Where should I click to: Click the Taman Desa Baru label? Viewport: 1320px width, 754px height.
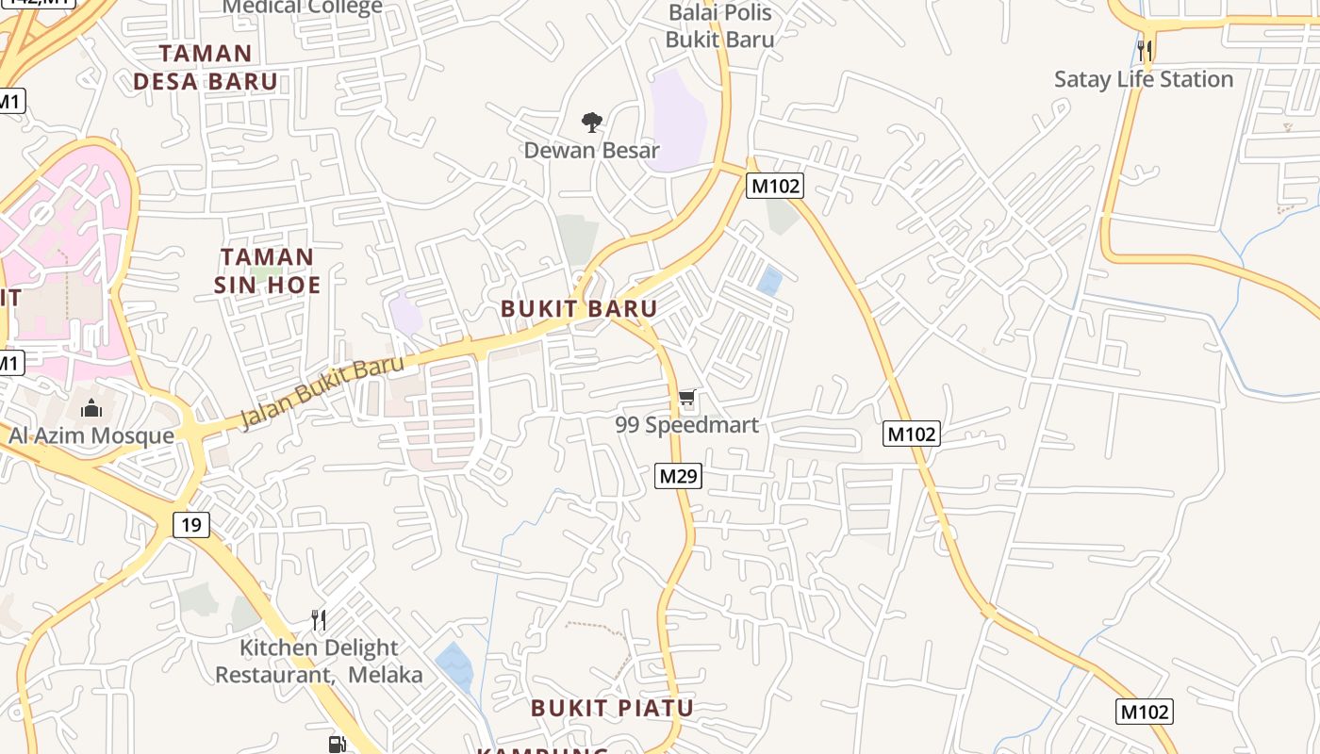point(206,67)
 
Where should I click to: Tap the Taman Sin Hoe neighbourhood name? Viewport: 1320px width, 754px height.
point(267,270)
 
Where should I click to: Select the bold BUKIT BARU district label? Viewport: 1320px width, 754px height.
point(579,308)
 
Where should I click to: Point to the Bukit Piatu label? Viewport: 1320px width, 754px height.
point(612,708)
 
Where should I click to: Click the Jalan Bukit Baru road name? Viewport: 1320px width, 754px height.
point(322,391)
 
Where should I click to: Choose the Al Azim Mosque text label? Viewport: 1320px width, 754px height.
point(91,435)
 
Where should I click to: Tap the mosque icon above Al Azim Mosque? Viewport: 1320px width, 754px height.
point(91,408)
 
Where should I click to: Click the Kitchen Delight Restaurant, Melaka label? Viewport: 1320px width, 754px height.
point(319,662)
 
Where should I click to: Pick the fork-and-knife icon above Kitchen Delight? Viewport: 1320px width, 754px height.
point(319,619)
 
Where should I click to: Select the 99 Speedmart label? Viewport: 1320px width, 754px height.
point(686,425)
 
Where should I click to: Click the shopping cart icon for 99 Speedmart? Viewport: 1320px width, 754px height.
point(687,398)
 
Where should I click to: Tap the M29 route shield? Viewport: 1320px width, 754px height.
point(678,476)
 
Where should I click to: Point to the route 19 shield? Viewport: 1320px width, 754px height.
point(191,525)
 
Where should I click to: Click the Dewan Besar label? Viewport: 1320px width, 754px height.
point(591,150)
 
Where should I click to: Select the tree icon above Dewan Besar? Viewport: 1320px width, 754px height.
point(592,122)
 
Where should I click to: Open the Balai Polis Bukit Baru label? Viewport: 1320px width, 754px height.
point(719,26)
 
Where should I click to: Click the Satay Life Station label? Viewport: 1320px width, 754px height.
point(1144,79)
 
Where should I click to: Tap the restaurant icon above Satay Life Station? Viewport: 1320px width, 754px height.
point(1145,50)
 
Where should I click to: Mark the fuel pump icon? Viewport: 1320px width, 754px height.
point(337,745)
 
